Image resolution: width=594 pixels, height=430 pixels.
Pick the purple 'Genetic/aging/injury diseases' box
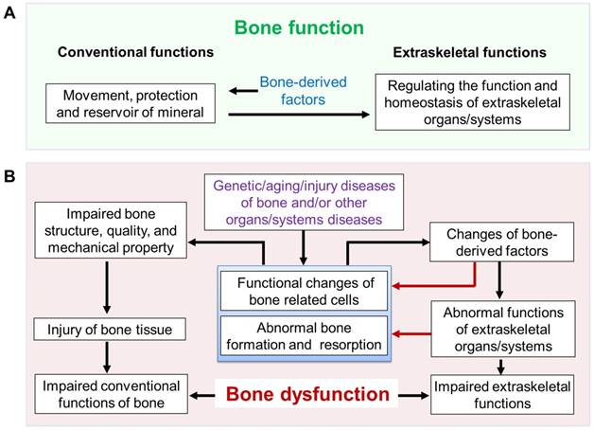[x=302, y=200]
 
